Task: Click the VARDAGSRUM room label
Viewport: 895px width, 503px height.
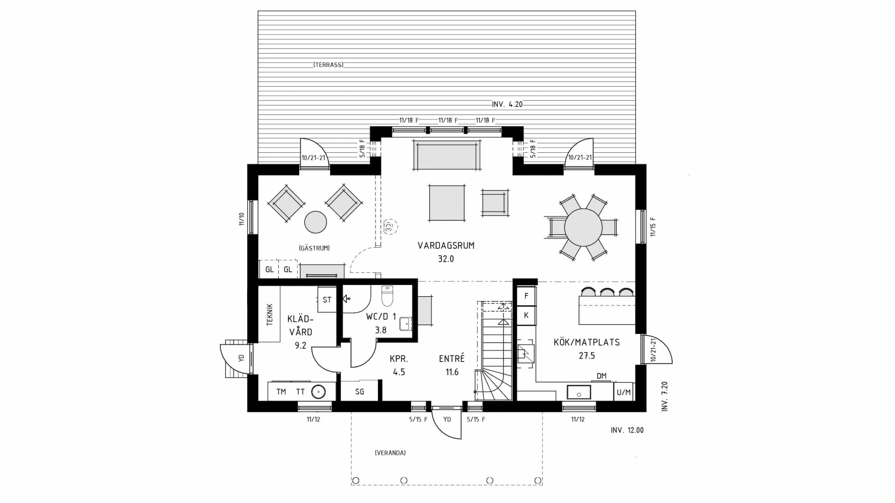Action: click(446, 245)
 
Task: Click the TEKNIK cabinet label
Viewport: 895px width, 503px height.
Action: click(269, 314)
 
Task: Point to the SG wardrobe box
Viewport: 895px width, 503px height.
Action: click(359, 391)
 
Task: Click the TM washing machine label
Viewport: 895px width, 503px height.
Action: click(281, 392)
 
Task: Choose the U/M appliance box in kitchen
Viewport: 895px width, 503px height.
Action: click(623, 392)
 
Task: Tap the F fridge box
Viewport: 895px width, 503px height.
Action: click(526, 296)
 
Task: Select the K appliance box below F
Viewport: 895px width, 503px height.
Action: click(526, 315)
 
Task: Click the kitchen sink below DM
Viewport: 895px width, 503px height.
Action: click(578, 393)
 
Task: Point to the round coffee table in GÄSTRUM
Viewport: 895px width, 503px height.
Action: click(316, 222)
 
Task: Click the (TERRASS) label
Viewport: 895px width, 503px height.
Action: click(328, 65)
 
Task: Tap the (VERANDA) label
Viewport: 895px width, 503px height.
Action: click(390, 453)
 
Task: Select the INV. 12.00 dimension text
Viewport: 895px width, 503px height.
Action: click(627, 430)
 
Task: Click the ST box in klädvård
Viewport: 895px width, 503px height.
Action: click(327, 299)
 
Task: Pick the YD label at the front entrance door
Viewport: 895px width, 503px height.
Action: click(447, 419)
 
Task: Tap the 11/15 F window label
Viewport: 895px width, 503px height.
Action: click(653, 227)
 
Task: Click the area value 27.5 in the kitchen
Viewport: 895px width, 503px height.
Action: click(587, 355)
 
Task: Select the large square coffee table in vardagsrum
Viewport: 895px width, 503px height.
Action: click(447, 203)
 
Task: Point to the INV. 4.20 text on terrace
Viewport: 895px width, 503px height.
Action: click(507, 104)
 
